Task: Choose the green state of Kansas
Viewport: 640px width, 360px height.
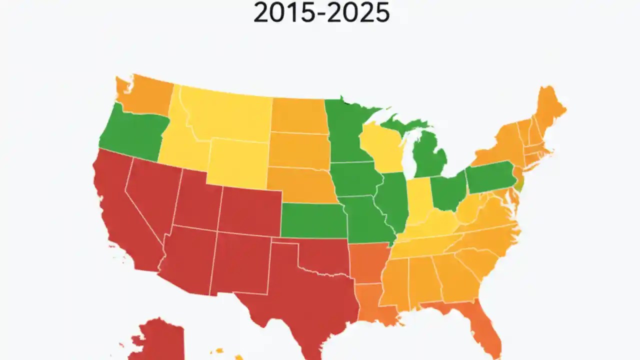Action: tap(312, 220)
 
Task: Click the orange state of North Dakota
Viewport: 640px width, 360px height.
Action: tap(299, 115)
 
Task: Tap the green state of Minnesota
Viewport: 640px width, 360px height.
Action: tap(347, 130)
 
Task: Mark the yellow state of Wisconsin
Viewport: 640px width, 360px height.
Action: tap(382, 147)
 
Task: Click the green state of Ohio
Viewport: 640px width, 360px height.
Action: tap(447, 192)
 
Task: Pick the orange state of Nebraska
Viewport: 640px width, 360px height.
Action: tap(300, 185)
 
